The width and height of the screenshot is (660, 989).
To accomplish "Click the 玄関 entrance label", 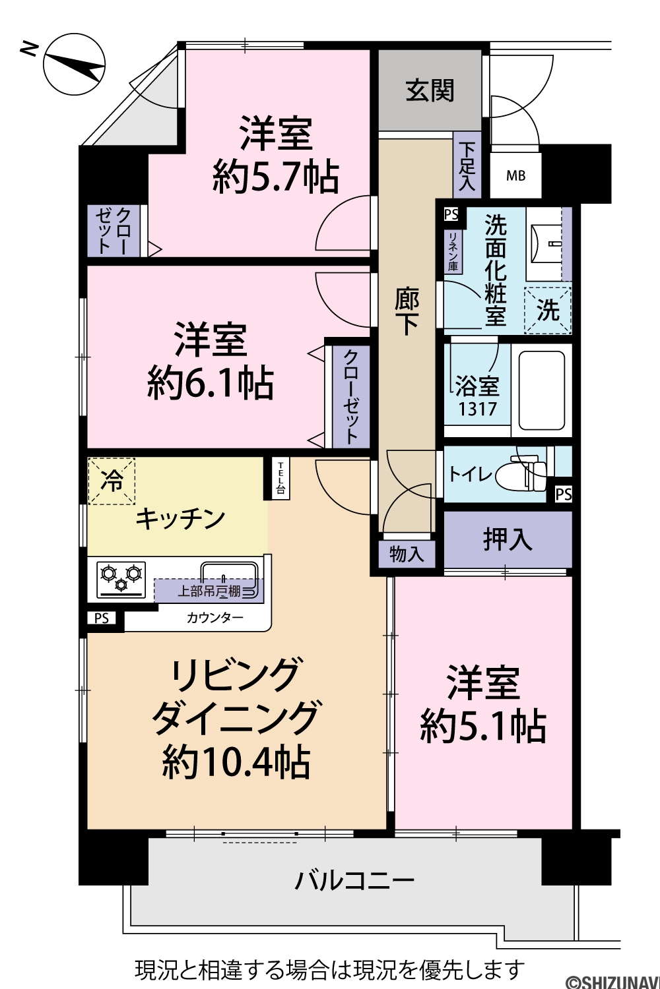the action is click(x=430, y=90).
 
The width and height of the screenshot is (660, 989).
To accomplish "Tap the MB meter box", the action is click(x=515, y=175).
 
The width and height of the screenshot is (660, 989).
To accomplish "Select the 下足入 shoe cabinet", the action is click(x=467, y=165).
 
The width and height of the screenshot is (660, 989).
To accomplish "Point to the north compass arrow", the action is click(x=75, y=65).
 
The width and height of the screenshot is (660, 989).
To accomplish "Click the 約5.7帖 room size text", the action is click(x=276, y=177).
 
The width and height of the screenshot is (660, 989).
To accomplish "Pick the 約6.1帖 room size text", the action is click(x=210, y=383).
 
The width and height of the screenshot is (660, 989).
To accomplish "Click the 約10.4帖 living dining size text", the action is click(x=236, y=762).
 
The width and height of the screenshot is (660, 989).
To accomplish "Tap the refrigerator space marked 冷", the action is click(x=112, y=481).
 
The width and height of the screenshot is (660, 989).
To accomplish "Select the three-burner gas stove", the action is click(x=121, y=579).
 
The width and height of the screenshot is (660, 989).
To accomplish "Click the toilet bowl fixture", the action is click(x=521, y=475).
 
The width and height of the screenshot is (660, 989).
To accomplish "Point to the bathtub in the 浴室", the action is click(x=541, y=390).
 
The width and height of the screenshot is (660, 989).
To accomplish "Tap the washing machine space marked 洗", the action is click(x=548, y=310).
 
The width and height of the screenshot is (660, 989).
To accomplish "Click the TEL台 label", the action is click(x=280, y=478).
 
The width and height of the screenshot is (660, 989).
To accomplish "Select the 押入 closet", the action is click(x=508, y=539).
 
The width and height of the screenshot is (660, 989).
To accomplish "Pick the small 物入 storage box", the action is click(x=407, y=554).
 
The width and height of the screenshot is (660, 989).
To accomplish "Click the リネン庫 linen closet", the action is click(x=453, y=251).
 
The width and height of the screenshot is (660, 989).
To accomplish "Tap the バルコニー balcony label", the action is click(x=355, y=880).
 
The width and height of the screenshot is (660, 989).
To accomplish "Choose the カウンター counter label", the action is click(x=215, y=617).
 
